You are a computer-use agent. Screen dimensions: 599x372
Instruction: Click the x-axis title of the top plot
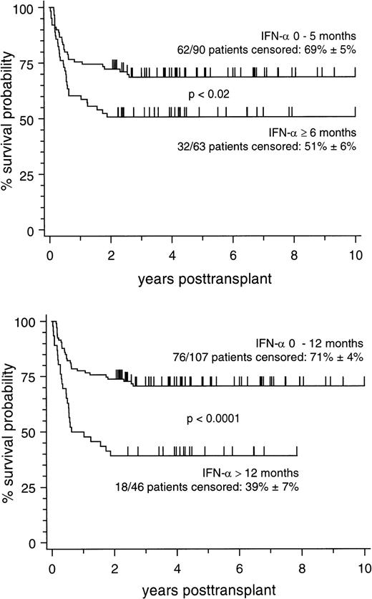click(x=202, y=278)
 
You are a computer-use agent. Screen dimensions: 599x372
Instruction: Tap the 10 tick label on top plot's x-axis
click(x=356, y=256)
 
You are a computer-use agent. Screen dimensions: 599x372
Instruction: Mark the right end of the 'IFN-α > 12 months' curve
click(x=296, y=455)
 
